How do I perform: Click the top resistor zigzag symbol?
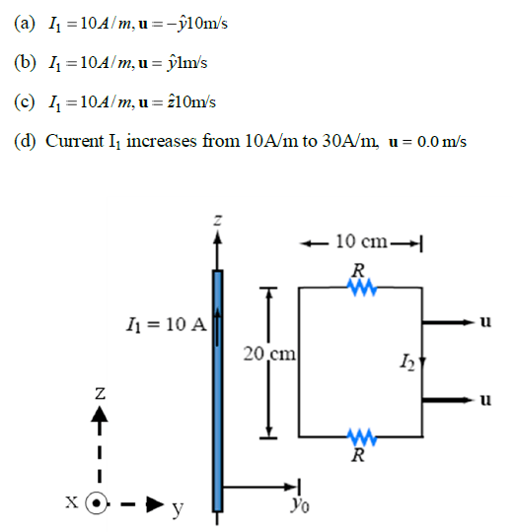tap(358, 288)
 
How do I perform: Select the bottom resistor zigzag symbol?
tap(358, 436)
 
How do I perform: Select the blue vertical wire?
tap(217, 384)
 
